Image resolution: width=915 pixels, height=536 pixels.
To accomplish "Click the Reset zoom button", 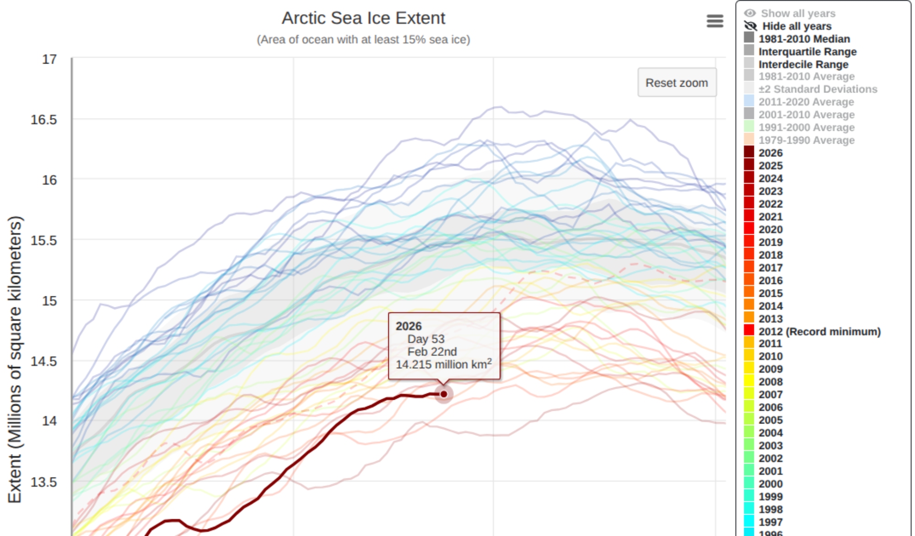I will point(677,83).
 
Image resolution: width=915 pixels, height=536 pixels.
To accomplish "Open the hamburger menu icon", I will point(715,21).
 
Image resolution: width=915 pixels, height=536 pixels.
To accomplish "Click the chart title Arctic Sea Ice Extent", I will point(363,18).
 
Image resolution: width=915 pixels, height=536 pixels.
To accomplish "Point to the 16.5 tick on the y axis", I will point(44,120).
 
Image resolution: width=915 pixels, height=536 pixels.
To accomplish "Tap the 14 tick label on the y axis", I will point(49,421).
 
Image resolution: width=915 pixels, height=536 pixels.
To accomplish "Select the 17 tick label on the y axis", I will point(49,59).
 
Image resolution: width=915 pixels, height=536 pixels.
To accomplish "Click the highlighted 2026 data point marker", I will point(444,394).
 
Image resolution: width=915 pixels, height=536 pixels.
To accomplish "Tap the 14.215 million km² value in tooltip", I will point(443,364).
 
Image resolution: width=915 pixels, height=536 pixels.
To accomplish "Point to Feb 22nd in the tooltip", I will point(432,352).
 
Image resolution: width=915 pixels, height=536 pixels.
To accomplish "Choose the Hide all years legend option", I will point(797,26).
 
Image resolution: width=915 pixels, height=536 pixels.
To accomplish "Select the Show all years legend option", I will point(798,13).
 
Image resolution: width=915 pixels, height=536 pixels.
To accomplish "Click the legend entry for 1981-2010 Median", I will point(804,39).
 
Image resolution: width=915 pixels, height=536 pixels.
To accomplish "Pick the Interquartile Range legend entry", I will point(807,52).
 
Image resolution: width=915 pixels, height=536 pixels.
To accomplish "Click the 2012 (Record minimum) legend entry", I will point(819,332).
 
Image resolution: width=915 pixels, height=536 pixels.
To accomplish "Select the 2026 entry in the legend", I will point(770,153).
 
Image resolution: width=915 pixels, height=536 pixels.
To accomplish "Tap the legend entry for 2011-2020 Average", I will point(806,102).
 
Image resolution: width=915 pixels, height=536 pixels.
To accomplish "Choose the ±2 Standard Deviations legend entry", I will point(818,89).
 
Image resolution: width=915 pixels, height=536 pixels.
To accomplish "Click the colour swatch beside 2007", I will point(749,394).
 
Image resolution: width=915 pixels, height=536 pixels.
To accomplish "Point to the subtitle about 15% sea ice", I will point(363,40).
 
